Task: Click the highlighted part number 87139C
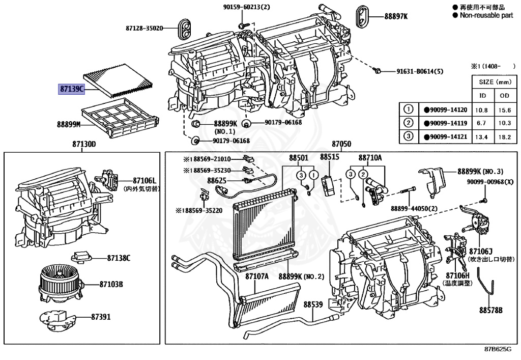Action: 71,89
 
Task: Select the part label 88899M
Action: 69,123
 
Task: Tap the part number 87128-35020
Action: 144,28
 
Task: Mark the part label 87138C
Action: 118,258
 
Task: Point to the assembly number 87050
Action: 341,145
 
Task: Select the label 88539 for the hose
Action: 313,304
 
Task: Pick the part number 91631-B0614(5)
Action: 422,71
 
